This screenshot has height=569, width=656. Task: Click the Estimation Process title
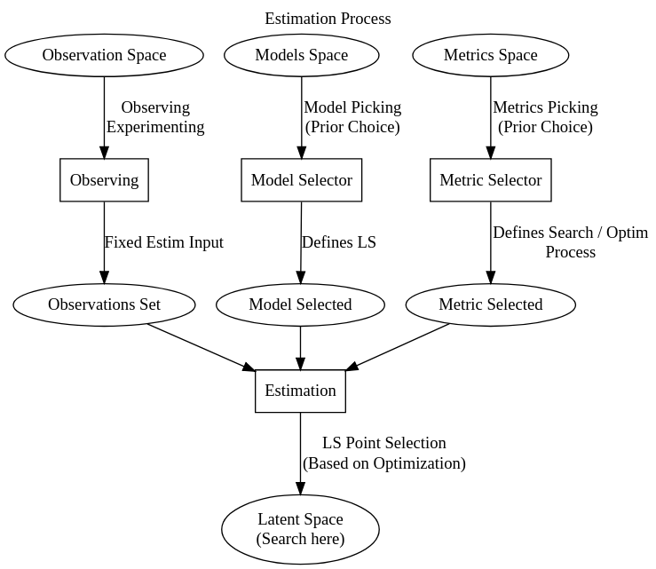pos(328,19)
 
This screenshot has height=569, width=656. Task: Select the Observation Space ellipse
pos(104,55)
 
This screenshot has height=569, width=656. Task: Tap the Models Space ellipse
pos(301,55)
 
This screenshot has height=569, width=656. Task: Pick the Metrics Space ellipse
pos(490,55)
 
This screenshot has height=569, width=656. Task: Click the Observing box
pos(104,180)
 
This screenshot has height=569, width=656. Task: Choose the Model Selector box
pos(301,180)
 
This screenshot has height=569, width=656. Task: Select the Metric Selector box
pos(490,180)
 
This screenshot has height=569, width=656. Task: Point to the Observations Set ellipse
pos(104,304)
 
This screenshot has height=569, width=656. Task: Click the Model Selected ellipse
pos(300,304)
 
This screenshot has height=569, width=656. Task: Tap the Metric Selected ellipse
pos(490,304)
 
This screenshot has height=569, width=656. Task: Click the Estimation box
pos(300,391)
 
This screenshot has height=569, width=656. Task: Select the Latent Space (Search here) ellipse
pos(300,529)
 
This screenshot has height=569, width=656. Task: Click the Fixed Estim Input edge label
pos(163,242)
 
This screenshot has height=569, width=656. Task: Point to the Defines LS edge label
pos(338,242)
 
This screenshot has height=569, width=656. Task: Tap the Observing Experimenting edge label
pos(155,117)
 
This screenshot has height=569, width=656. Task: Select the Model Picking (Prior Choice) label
pos(352,117)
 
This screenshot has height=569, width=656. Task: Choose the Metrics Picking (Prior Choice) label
pos(545,117)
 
